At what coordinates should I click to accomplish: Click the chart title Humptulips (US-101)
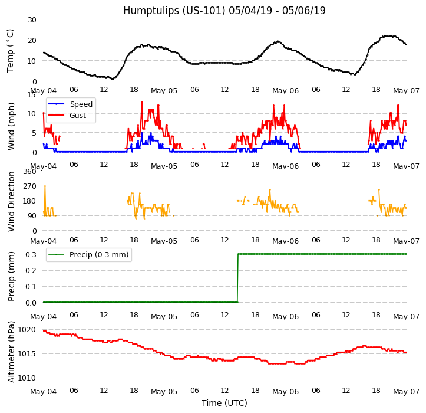point(224,11)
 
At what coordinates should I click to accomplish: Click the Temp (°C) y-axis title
point(11,50)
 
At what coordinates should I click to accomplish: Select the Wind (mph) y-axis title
point(11,126)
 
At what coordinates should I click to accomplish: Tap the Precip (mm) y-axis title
point(11,276)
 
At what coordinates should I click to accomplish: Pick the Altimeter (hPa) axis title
point(11,351)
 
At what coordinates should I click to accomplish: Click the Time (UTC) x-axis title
point(224,403)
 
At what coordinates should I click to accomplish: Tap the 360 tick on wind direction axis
point(29,172)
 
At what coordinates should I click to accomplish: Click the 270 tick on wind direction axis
point(29,186)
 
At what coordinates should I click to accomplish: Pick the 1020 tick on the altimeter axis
point(27,330)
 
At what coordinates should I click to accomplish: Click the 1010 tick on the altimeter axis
point(27,378)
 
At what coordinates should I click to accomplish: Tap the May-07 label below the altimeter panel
point(407,392)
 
